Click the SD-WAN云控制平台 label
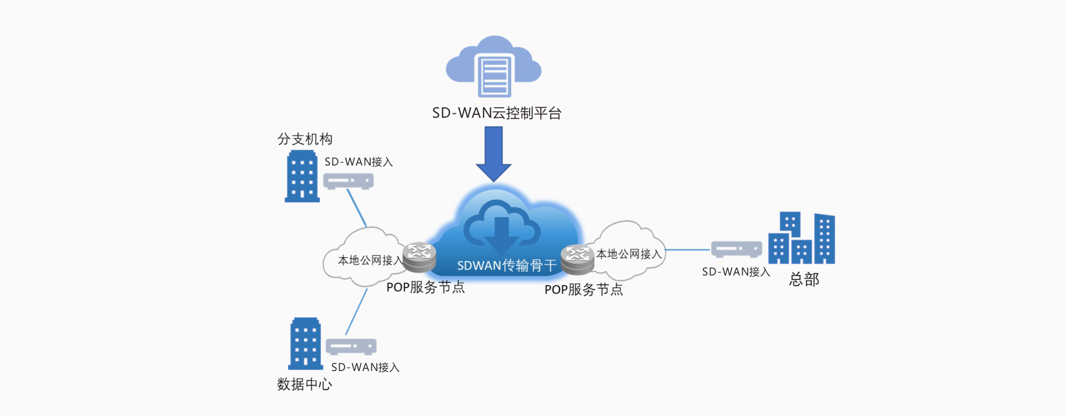496,113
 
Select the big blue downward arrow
494,153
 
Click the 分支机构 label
305,139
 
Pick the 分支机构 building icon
303,177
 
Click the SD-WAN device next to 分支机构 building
348,181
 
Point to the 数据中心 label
304,384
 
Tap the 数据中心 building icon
305,344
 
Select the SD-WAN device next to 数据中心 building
351,347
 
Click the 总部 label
804,279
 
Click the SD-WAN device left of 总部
737,249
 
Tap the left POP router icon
419,257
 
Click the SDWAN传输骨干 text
506,266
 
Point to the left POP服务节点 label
425,287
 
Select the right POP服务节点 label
583,289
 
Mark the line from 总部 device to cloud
688,250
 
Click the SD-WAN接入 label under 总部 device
736,272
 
